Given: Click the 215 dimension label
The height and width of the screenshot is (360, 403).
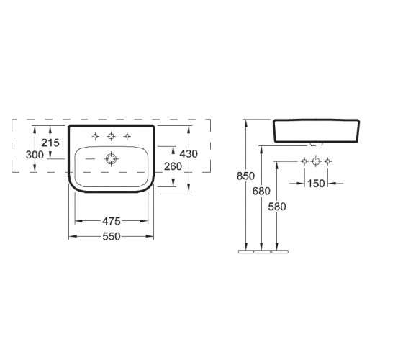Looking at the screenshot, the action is point(50,143).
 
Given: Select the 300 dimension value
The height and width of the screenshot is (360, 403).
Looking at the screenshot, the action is point(35,155).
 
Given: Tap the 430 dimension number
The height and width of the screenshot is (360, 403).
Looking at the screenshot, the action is point(189,154).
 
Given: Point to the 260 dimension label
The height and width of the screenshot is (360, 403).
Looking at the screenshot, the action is point(173,166).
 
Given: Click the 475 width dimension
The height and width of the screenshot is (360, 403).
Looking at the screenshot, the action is point(112,221).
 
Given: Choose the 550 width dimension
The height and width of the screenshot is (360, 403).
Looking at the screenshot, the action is point(112,237).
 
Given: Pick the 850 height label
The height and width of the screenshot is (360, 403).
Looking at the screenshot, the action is point(245,176).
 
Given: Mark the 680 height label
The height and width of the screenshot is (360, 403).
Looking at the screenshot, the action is point(261,191).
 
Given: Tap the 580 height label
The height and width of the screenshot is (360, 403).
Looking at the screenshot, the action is point(277,207).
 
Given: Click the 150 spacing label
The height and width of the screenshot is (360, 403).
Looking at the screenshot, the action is point(316,184).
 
